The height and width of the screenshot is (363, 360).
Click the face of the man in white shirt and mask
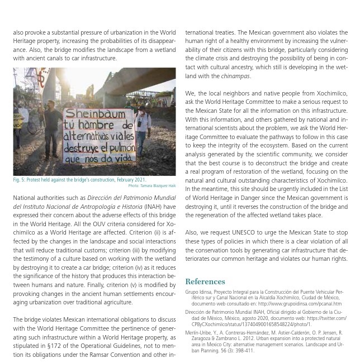click(142, 111)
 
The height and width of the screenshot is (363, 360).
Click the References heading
click(205, 281)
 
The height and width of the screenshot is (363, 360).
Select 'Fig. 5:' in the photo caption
click(20, 180)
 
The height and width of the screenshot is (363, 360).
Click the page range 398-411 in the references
click(243, 350)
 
